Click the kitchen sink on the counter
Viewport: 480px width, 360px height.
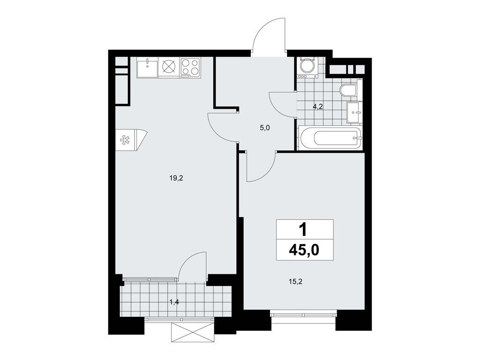pos(147,67)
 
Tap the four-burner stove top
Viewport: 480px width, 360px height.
pos(190,67)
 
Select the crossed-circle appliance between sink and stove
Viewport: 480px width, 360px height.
pos(169,67)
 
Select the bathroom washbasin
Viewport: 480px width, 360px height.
pos(354,112)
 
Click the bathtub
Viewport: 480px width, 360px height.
pos(337,138)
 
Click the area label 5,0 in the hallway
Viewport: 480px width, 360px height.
pos(265,127)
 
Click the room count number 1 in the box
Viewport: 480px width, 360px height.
pos(304,229)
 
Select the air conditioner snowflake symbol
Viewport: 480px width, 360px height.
pos(125,140)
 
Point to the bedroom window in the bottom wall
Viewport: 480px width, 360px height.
pos(303,314)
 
